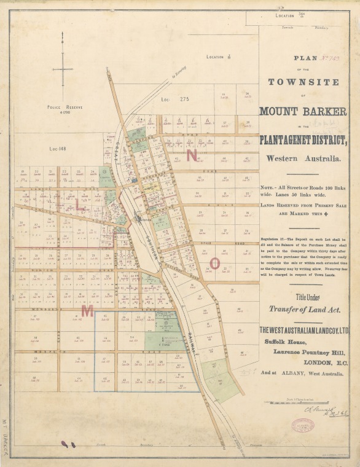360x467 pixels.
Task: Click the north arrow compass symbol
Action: coord(63,69)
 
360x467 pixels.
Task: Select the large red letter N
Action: coord(192,155)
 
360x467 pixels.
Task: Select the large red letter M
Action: coord(87,311)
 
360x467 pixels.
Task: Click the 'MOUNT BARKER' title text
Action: coord(303,112)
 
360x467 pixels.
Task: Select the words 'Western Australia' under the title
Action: coord(303,159)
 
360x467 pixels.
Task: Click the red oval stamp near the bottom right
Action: coord(302,425)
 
